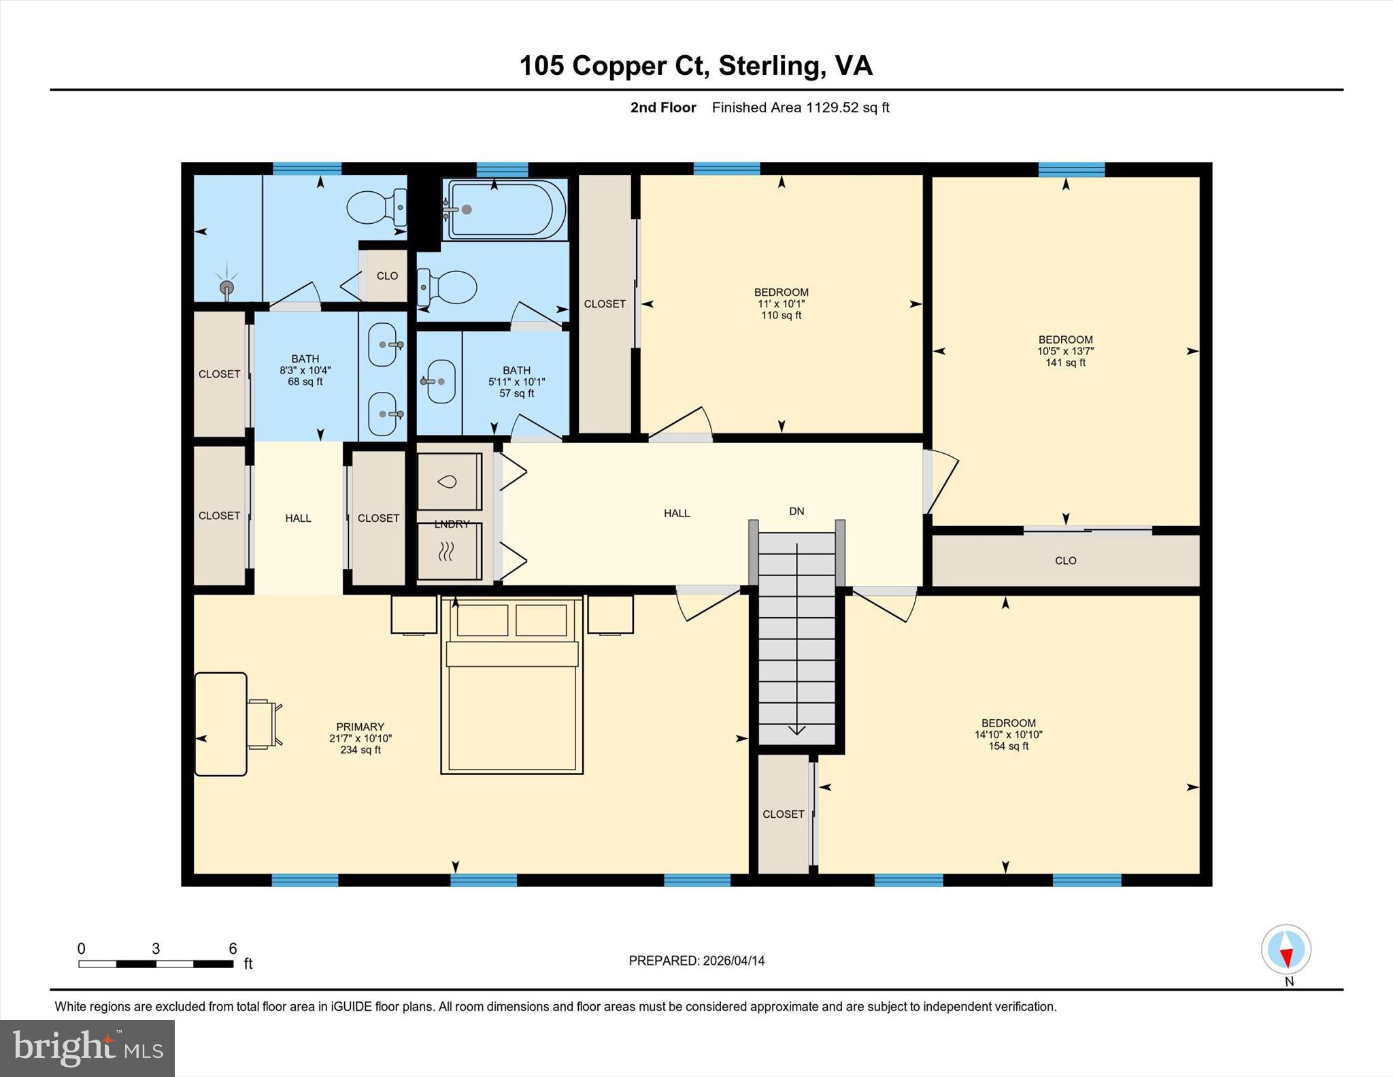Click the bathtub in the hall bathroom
[504, 210]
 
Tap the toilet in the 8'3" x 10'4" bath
[377, 207]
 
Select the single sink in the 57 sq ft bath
[438, 382]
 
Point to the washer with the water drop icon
[449, 482]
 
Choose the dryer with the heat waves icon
[449, 552]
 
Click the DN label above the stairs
[796, 511]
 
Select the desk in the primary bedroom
[220, 724]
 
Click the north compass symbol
[1286, 950]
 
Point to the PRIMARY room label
[360, 727]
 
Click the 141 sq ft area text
[1066, 363]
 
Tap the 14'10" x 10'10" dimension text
[1009, 735]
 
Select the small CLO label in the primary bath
[387, 276]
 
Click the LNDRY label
[452, 524]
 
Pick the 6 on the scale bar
[233, 948]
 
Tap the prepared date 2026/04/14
[734, 961]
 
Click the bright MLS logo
[88, 1048]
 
